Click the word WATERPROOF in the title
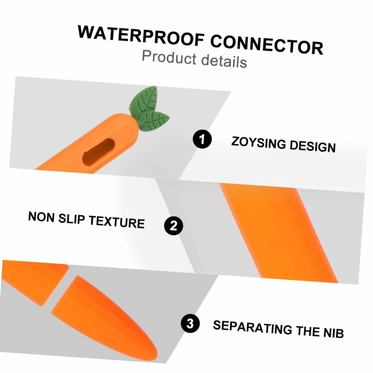(141, 35)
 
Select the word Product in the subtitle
(169, 57)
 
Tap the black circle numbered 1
(202, 139)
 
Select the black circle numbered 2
(173, 226)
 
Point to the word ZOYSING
(259, 143)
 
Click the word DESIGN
(313, 146)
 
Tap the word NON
(41, 217)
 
